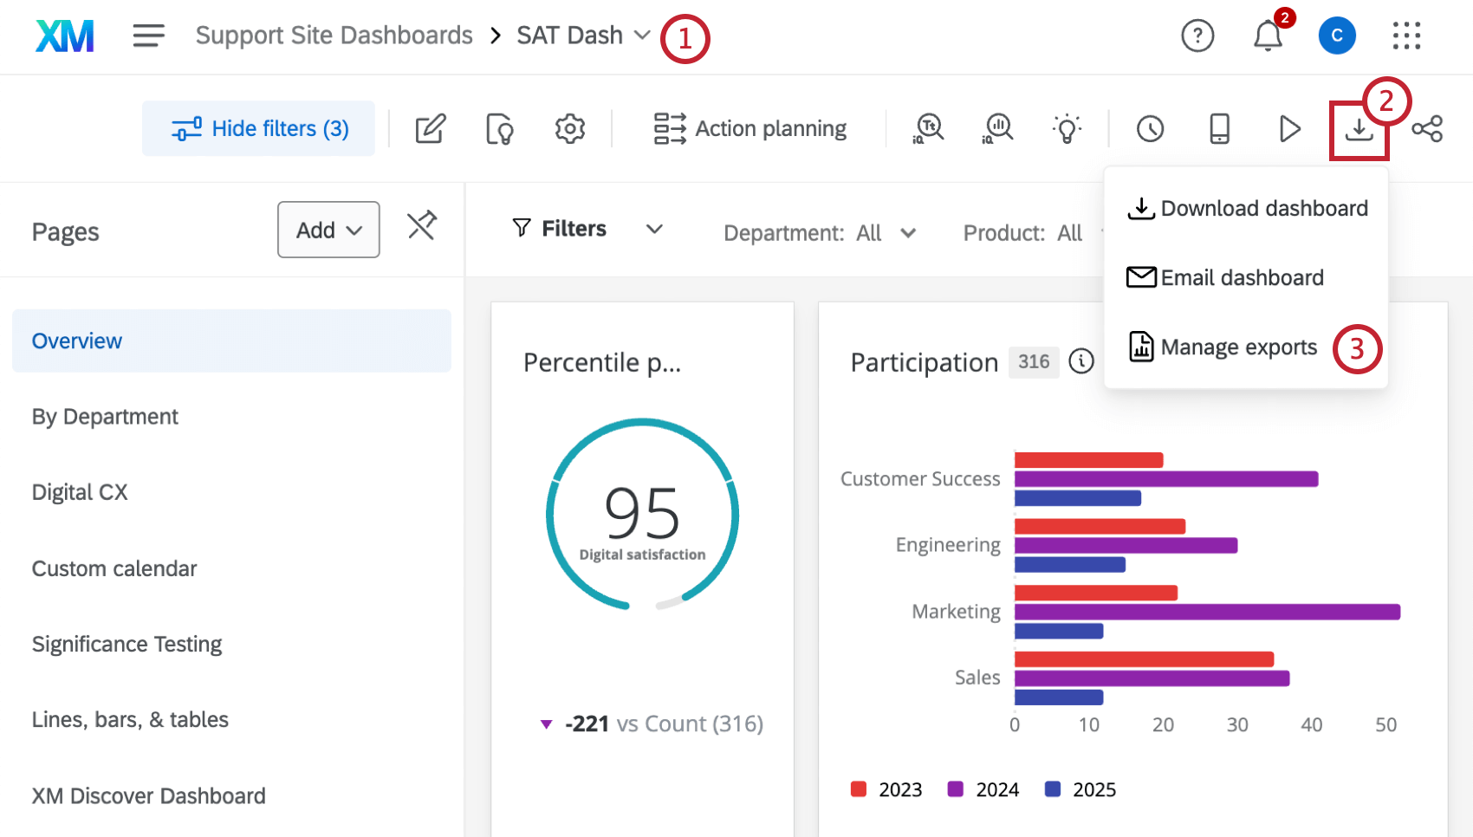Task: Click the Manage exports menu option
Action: (1237, 347)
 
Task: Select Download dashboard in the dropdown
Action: (1263, 209)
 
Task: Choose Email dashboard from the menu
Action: (1241, 278)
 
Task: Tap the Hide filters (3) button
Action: (259, 129)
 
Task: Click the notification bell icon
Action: (1268, 36)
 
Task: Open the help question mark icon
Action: (1197, 36)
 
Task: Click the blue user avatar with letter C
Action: (1336, 36)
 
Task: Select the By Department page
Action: (105, 417)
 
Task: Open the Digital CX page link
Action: (80, 492)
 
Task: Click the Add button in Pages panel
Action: (328, 230)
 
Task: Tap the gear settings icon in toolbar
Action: (570, 129)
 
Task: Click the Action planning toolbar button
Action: (750, 129)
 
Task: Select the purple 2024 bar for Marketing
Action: (1207, 613)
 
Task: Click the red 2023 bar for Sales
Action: (1144, 659)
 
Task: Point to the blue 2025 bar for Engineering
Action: (1070, 565)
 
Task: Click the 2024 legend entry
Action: (983, 789)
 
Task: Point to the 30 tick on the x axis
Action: (1237, 725)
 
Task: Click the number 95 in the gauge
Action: (642, 514)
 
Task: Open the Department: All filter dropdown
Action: (819, 233)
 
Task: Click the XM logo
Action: (65, 36)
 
